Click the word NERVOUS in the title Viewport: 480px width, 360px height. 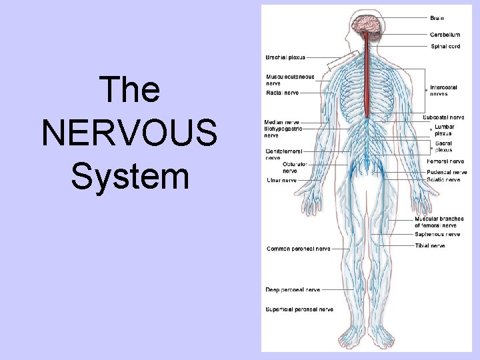pos(129,132)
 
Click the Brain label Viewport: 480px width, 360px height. pos(437,18)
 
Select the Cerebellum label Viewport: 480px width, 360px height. pos(445,35)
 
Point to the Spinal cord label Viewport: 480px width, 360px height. pos(445,46)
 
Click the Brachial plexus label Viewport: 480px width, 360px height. pos(285,57)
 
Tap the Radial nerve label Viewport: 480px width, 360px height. pos(282,93)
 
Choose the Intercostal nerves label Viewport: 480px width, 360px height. pos(443,90)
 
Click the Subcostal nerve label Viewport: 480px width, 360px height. pos(443,117)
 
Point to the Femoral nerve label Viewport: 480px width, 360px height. pos(445,161)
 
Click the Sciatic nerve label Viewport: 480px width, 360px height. pos(443,179)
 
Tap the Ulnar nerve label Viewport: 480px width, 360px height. pos(281,180)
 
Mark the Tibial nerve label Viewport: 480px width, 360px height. pos(429,245)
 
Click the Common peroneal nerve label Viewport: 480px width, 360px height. pos(298,249)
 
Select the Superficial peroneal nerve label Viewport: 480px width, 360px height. pos(299,309)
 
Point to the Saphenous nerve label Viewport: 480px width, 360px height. pos(437,234)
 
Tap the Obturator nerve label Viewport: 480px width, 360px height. pos(294,167)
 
